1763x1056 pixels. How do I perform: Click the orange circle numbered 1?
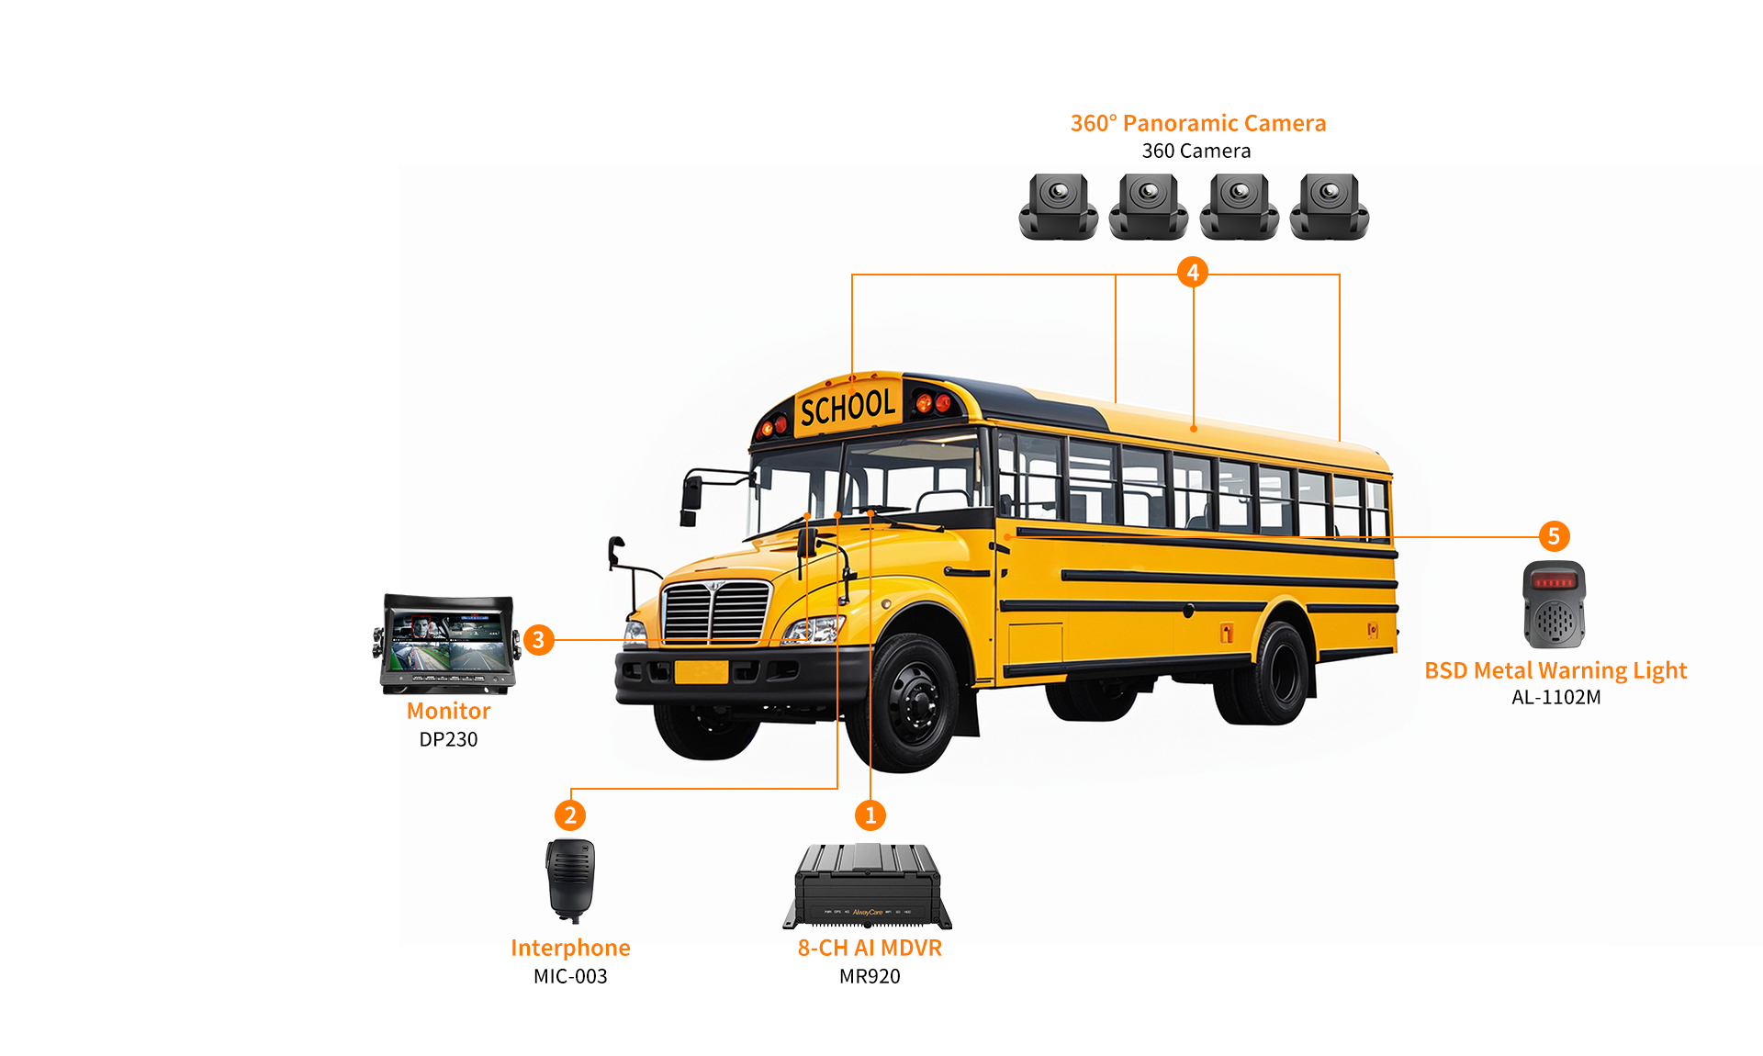pos(870,815)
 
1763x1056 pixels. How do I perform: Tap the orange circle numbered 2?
pos(570,815)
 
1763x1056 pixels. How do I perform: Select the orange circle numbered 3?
pos(539,639)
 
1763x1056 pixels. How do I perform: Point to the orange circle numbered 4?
pos(1193,272)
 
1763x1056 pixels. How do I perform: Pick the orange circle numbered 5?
pos(1554,536)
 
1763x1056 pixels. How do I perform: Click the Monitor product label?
pos(448,711)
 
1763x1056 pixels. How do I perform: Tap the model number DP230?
pos(448,739)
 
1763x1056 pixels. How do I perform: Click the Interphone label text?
pos(570,948)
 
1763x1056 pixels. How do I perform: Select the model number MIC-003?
pos(570,976)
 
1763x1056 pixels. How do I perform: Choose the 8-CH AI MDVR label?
pos(870,948)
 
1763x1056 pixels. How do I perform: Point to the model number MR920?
pos(870,976)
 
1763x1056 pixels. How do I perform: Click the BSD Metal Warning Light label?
pos(1555,670)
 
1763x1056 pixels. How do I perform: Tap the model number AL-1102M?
pos(1555,697)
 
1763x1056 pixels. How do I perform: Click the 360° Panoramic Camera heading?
pos(1198,123)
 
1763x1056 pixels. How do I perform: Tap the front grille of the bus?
pos(716,611)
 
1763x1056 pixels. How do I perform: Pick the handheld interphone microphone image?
pos(570,880)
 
